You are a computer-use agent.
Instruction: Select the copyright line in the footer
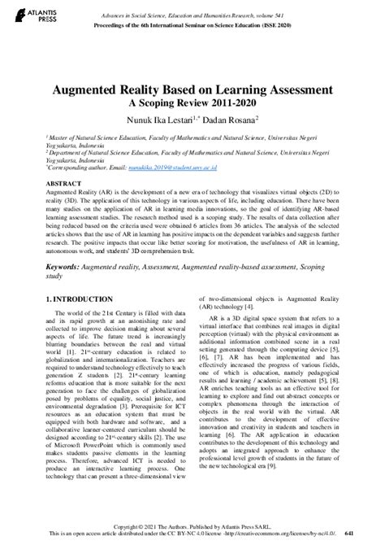point(192,525)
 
